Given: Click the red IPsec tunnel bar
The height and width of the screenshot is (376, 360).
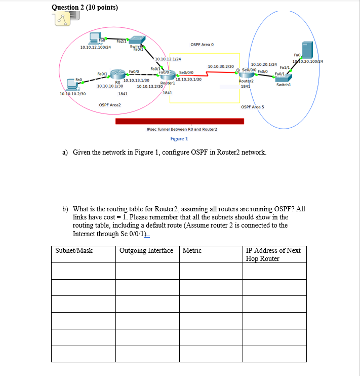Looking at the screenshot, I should pyautogui.click(x=179, y=121).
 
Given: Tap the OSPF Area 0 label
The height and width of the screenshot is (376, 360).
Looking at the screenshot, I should pyautogui.click(x=202, y=45).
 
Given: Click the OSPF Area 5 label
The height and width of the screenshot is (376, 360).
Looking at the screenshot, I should pyautogui.click(x=253, y=107).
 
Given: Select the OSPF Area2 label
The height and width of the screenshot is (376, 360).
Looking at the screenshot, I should pyautogui.click(x=110, y=104).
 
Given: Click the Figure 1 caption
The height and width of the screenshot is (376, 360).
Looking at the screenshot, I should pyautogui.click(x=179, y=138).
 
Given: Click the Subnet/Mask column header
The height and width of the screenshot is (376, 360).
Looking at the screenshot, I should pyautogui.click(x=74, y=250).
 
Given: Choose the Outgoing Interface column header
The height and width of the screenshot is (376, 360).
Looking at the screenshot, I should pyautogui.click(x=146, y=250).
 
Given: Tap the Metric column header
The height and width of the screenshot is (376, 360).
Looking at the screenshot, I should pyautogui.click(x=192, y=250).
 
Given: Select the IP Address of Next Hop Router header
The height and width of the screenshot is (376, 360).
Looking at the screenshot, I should pyautogui.click(x=273, y=254).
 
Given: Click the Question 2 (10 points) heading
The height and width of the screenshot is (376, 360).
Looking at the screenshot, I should pyautogui.click(x=85, y=7).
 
